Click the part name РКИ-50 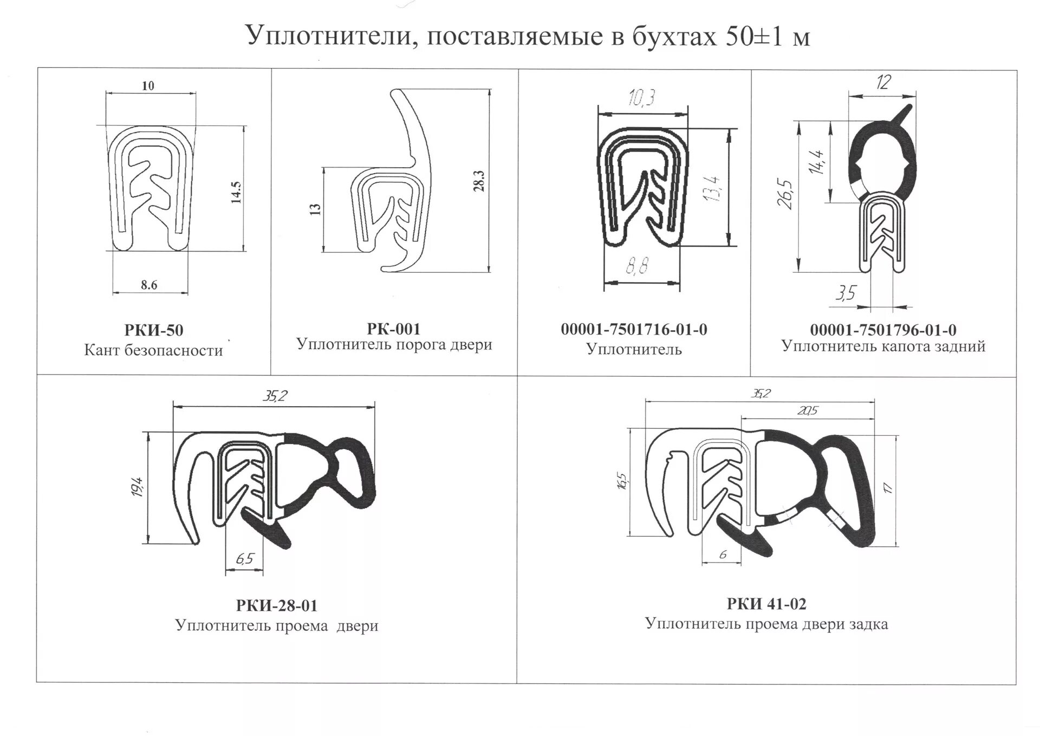tap(154, 330)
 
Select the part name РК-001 tap(394, 328)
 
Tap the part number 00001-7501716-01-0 tap(634, 329)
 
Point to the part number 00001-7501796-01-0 tap(883, 330)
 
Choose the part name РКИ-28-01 tap(277, 605)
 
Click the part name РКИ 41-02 tap(766, 603)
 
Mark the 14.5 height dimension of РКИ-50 tap(236, 192)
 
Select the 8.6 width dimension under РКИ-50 tap(149, 285)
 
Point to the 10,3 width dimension tap(642, 98)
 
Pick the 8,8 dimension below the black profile tap(637, 267)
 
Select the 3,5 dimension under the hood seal tap(845, 293)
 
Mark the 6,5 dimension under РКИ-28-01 tap(245, 558)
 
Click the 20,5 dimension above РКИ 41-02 tap(807, 411)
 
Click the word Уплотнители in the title tap(333, 36)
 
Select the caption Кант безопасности tap(153, 351)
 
